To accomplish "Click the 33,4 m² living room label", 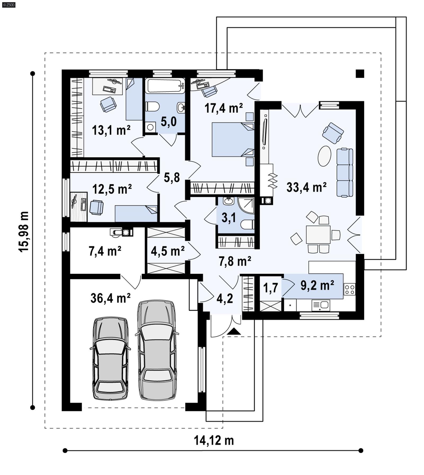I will (x=306, y=187).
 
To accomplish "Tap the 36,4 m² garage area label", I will (x=110, y=298).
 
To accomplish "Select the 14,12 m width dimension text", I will (x=214, y=441).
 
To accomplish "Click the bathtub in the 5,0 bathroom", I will (x=165, y=85).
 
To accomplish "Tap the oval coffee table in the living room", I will (x=324, y=156).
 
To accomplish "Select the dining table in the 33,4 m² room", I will (x=318, y=235).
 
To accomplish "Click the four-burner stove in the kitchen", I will (x=349, y=289).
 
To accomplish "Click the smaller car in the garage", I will (x=111, y=359).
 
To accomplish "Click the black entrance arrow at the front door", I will (x=234, y=331).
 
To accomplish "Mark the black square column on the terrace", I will (x=360, y=74).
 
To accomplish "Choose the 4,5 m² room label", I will (x=167, y=250).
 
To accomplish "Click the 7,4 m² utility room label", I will (x=105, y=251).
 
